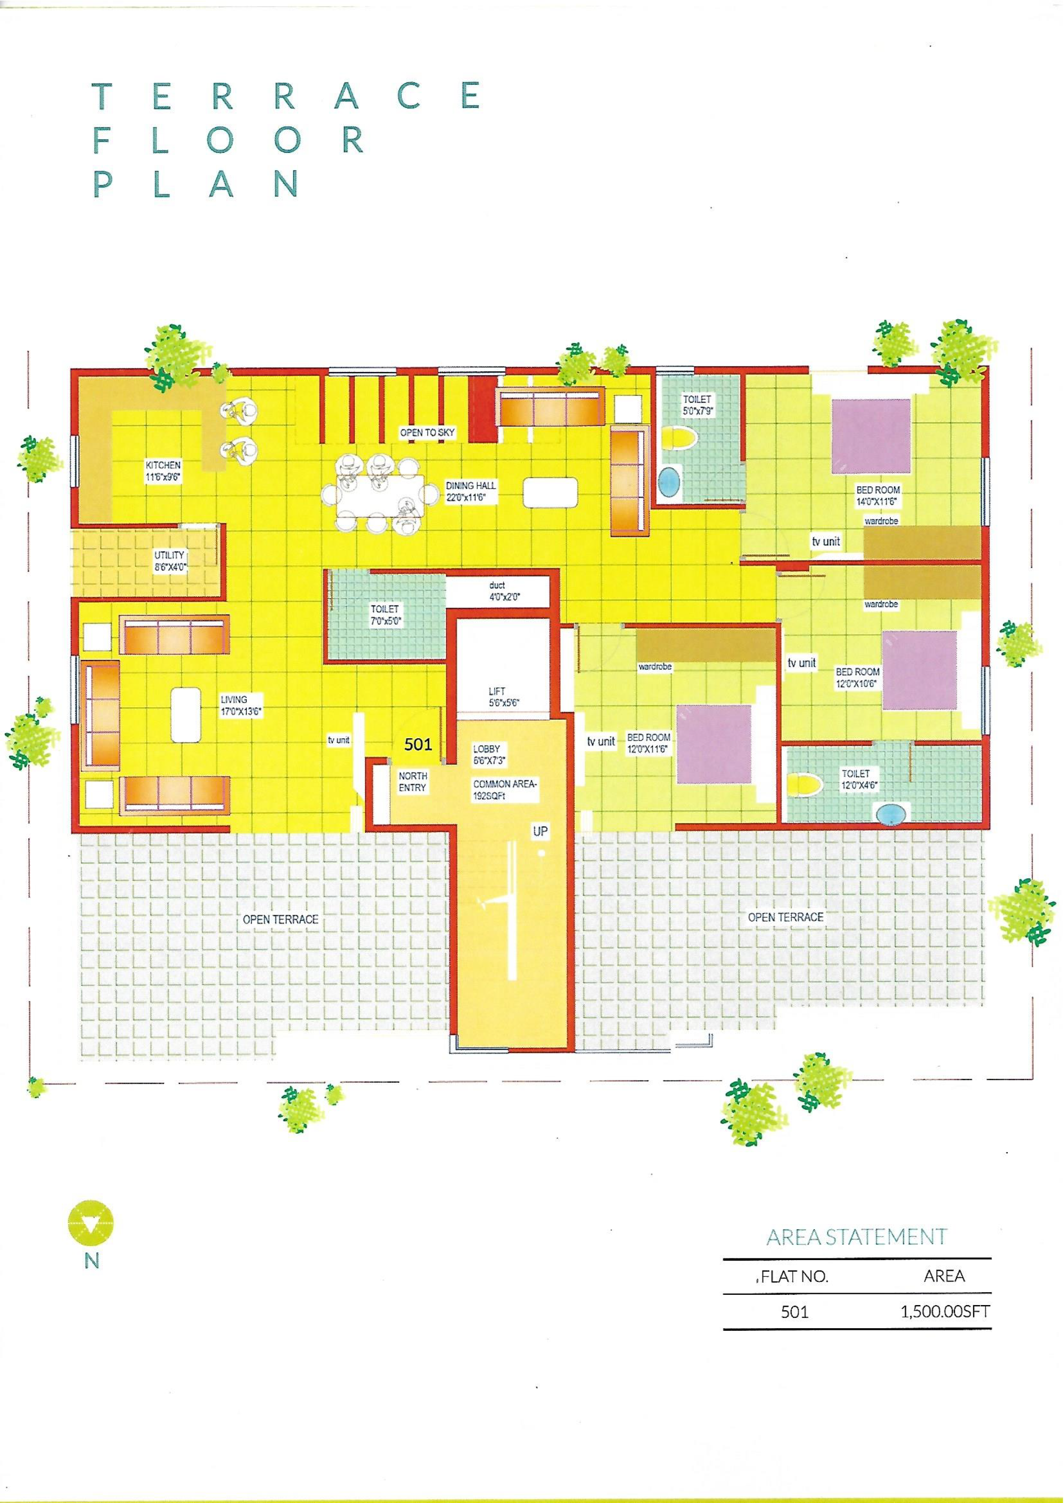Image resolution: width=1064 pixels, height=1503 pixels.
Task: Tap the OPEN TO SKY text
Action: (x=427, y=433)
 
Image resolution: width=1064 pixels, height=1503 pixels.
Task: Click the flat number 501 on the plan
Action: (x=417, y=744)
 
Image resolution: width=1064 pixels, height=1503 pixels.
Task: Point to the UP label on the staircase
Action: (x=540, y=832)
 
